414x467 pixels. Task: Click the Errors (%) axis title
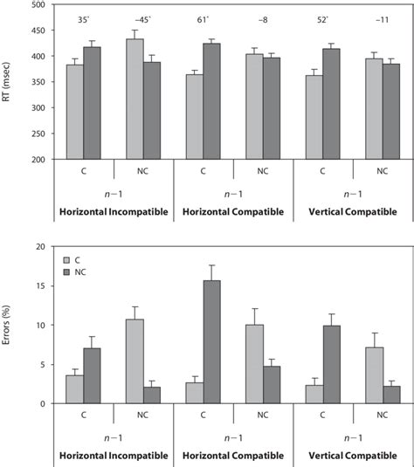9,325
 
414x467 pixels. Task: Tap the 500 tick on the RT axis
41,5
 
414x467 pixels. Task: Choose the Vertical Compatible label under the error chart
347,455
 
